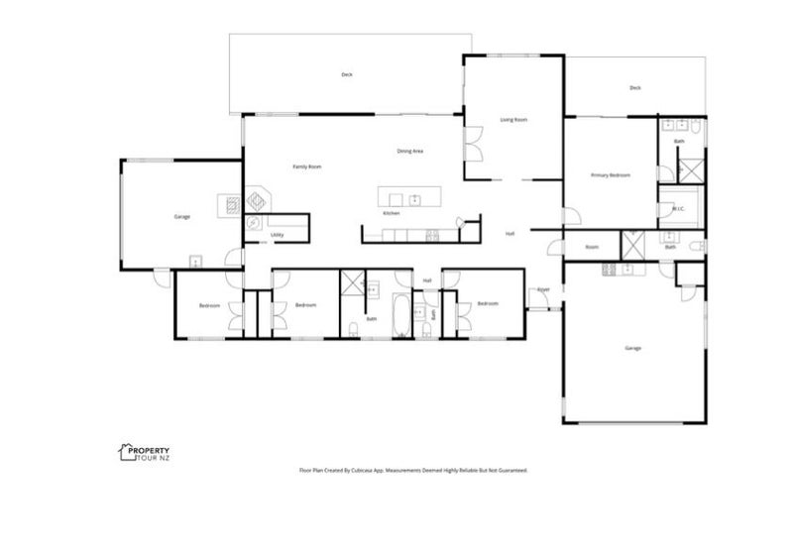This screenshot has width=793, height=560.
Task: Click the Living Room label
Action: point(512,119)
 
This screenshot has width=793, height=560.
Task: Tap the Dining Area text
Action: point(410,151)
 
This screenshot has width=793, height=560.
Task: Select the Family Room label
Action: point(306,167)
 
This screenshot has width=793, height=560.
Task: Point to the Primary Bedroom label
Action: point(611,175)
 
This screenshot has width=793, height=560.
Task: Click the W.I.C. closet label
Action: point(679,209)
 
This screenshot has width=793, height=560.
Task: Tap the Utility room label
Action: point(279,235)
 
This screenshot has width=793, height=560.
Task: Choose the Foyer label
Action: point(543,289)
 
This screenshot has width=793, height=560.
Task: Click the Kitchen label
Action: point(392,214)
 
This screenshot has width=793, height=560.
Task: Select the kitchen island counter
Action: point(407,196)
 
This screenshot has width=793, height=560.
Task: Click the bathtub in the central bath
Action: point(402,317)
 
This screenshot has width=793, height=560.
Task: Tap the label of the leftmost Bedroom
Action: point(208,305)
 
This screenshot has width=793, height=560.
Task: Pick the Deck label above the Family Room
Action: point(347,74)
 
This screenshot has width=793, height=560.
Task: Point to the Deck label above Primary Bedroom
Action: point(634,88)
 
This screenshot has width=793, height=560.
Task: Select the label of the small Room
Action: point(592,247)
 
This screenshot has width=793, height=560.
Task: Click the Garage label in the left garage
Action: point(181,216)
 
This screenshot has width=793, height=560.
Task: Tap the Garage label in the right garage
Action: point(632,348)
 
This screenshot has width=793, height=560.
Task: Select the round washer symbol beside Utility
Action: point(254,224)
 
